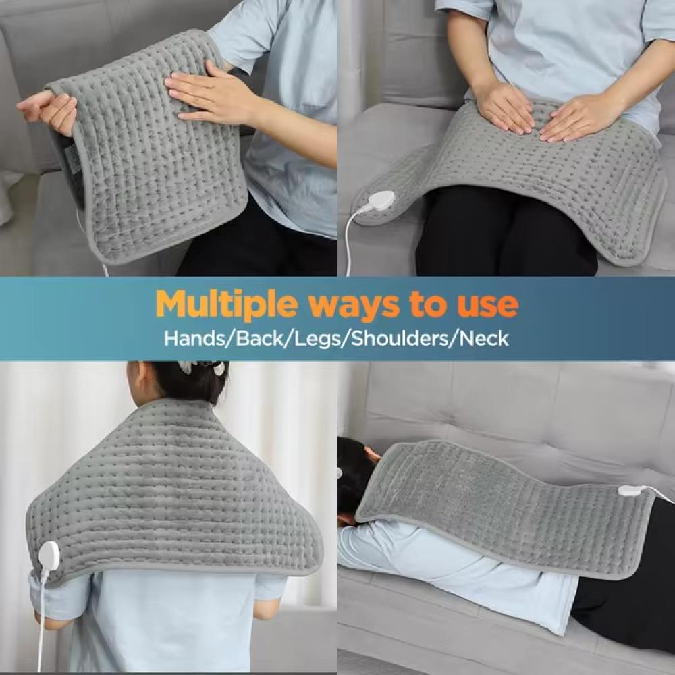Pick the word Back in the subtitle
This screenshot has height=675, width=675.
click(260, 338)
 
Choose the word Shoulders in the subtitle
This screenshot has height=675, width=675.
click(400, 338)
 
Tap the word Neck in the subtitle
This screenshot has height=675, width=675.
click(484, 338)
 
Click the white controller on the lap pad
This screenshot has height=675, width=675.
click(380, 200)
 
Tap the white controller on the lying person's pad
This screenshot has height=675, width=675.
click(631, 490)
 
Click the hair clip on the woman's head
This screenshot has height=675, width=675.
click(202, 367)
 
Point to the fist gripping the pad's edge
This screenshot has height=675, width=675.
click(48, 111)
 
